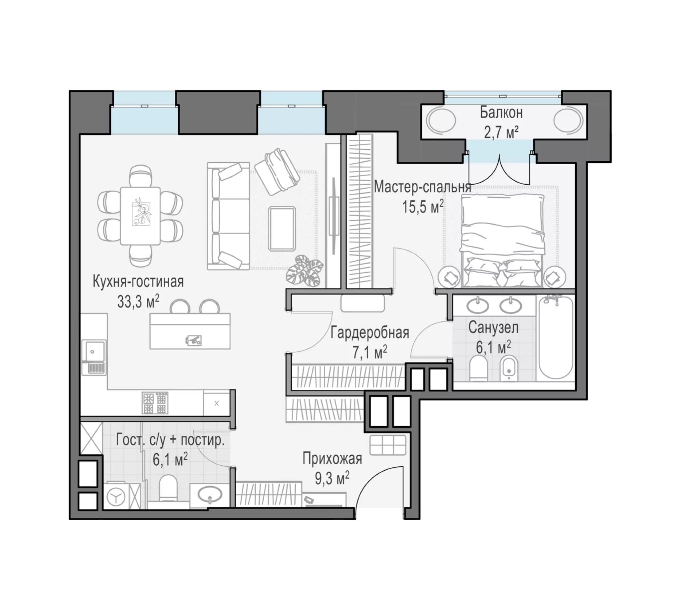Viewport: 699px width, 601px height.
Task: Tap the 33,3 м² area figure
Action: [138, 301]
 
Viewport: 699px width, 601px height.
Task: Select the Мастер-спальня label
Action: [422, 187]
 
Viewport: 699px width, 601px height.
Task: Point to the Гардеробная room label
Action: [370, 332]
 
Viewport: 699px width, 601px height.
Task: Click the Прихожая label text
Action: [332, 459]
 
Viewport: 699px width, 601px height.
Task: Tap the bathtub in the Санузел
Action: [555, 337]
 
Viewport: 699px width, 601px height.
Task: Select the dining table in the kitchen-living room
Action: [140, 216]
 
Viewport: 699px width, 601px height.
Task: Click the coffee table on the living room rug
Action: [281, 229]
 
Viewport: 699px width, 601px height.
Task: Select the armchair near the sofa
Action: [277, 171]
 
